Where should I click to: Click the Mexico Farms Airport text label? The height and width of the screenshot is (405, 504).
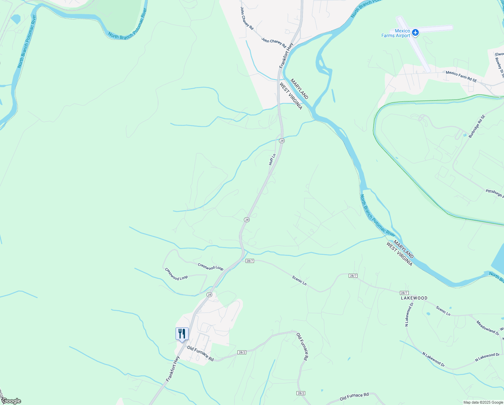396,33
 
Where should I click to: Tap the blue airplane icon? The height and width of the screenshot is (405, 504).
415,32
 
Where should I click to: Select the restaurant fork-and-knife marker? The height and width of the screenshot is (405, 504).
182,334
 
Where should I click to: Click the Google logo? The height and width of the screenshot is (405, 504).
11,401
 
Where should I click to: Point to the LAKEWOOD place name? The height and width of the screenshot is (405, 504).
414,298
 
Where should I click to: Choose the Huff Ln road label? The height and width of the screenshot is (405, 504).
272,159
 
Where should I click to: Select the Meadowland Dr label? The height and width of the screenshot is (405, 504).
487,328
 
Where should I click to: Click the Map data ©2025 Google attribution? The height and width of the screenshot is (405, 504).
483,402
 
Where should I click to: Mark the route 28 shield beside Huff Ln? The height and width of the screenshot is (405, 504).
282,141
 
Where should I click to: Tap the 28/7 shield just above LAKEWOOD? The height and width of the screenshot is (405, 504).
404,293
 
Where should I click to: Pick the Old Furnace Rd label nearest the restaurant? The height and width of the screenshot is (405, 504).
200,354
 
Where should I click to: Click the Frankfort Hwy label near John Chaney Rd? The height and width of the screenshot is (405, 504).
286,55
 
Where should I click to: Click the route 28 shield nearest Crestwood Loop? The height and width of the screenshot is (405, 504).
210,295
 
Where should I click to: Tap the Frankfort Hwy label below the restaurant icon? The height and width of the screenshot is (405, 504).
172,369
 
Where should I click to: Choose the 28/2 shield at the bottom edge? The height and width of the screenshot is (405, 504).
301,393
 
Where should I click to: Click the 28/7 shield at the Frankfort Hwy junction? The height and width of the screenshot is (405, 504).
250,261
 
